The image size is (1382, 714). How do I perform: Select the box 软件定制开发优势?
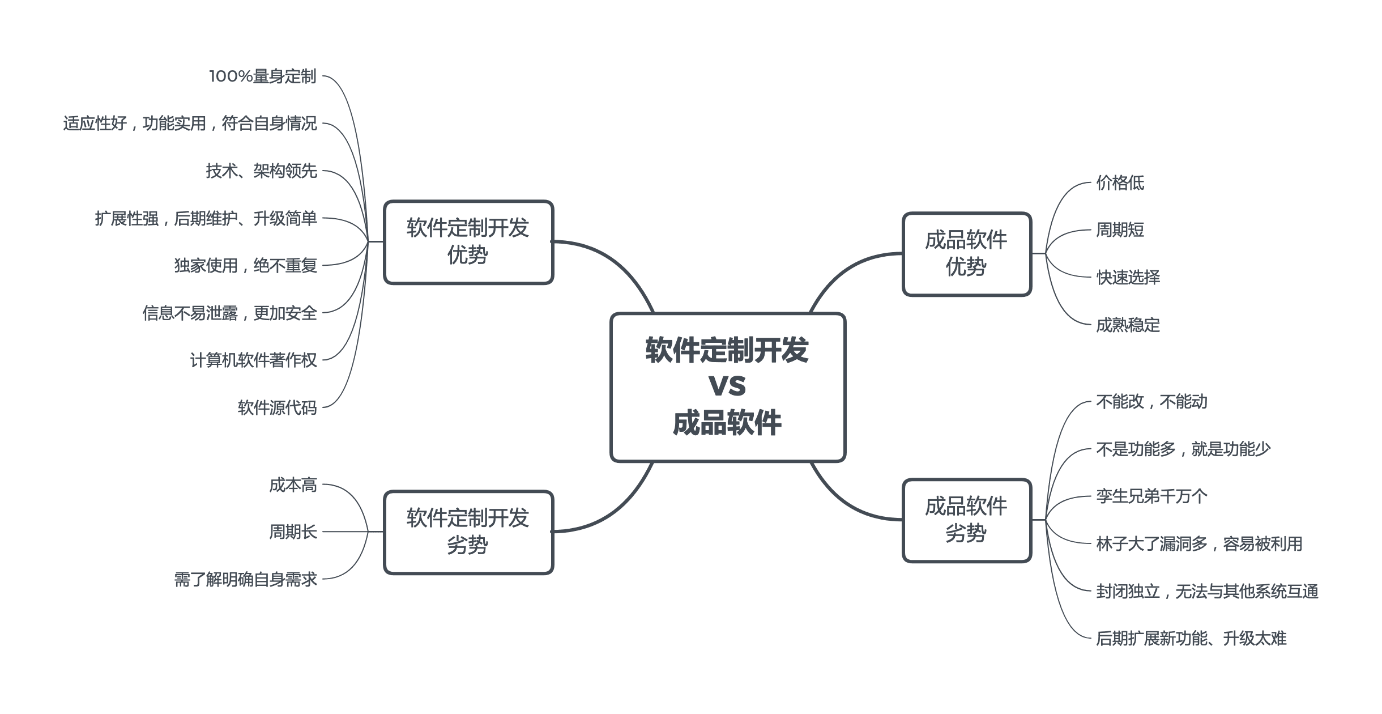click(x=468, y=242)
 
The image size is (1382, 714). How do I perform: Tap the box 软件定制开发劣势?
click(x=468, y=532)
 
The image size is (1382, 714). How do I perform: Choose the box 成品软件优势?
click(x=966, y=254)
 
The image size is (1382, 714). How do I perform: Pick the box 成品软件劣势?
click(x=966, y=520)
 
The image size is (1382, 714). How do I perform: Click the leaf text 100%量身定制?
click(x=262, y=76)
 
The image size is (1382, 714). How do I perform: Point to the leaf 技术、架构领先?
click(x=261, y=171)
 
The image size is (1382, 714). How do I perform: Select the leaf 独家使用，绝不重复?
click(x=245, y=266)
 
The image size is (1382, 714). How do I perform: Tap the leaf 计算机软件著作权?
click(x=253, y=360)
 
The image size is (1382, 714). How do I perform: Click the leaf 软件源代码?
click(x=277, y=408)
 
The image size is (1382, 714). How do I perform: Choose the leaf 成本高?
click(x=293, y=485)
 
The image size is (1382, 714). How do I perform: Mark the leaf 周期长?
click(x=293, y=532)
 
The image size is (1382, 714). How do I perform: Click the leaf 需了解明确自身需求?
click(x=245, y=580)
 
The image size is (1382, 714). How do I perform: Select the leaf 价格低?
click(x=1120, y=183)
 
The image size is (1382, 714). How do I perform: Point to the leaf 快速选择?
click(x=1128, y=278)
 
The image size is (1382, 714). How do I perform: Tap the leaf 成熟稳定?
click(x=1128, y=325)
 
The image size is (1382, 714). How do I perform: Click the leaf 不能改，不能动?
click(x=1151, y=402)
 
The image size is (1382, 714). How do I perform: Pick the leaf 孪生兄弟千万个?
click(x=1151, y=497)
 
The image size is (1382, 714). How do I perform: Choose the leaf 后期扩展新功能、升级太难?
click(x=1191, y=639)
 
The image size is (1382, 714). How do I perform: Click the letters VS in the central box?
click(x=727, y=386)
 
